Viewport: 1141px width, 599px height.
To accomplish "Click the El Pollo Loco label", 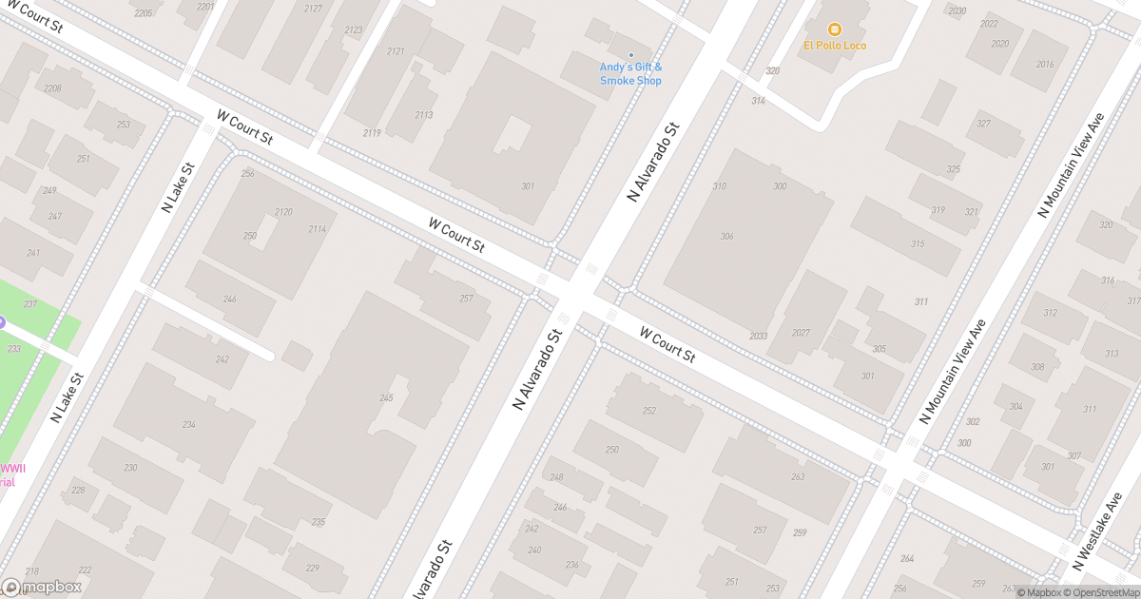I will click(x=834, y=46).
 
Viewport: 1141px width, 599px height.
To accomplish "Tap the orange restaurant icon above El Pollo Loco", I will click(x=834, y=29).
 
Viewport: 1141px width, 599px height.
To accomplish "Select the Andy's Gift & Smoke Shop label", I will click(x=630, y=73).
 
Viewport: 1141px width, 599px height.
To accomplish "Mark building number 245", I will click(x=386, y=397).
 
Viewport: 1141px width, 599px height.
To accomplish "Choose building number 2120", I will click(x=283, y=211).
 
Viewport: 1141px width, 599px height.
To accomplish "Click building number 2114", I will click(x=317, y=229).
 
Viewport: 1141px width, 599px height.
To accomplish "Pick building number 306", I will click(x=727, y=236).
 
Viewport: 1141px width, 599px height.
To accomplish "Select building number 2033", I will click(x=758, y=336).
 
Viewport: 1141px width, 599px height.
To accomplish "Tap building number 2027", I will click(x=800, y=333).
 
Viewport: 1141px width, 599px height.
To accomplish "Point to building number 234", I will click(x=189, y=425).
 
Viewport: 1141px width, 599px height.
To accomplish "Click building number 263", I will click(x=798, y=476).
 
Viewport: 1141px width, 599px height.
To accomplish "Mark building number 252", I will click(x=649, y=411).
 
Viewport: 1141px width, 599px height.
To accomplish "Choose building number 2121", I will click(x=396, y=50).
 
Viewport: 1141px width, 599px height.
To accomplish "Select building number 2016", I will click(x=1045, y=64).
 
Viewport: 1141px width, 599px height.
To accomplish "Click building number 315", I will click(x=918, y=244).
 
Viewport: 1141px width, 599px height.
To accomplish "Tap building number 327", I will click(x=983, y=124).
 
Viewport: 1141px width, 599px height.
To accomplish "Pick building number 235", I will click(x=319, y=522).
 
